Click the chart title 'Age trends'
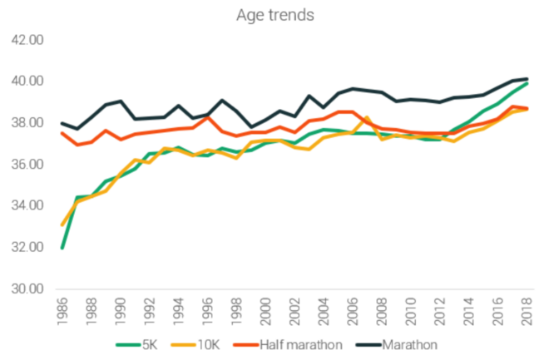click(x=274, y=14)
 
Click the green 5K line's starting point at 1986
click(x=62, y=248)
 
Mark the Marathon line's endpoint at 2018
click(x=527, y=79)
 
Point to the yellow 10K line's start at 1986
click(x=62, y=224)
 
